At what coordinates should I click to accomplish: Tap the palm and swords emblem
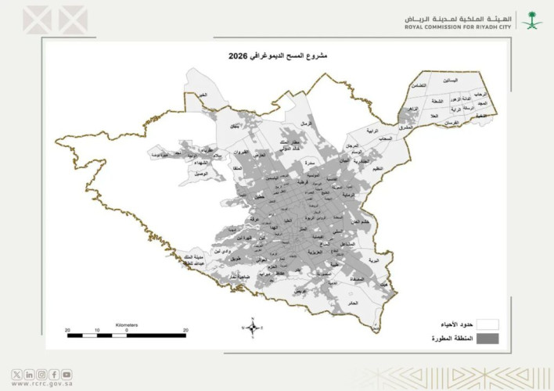point(533,19)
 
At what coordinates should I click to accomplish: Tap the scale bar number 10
point(96,331)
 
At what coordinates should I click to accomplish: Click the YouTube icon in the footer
point(67,374)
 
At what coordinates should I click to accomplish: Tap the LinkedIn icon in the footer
point(29,374)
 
